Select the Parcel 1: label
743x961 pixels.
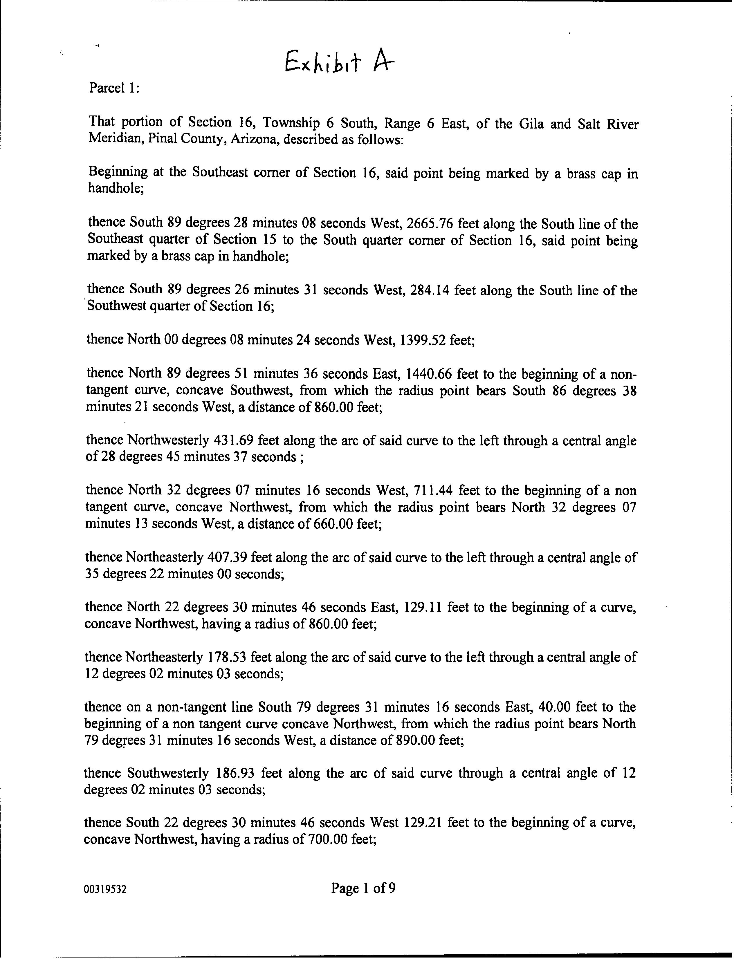pyautogui.click(x=114, y=88)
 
